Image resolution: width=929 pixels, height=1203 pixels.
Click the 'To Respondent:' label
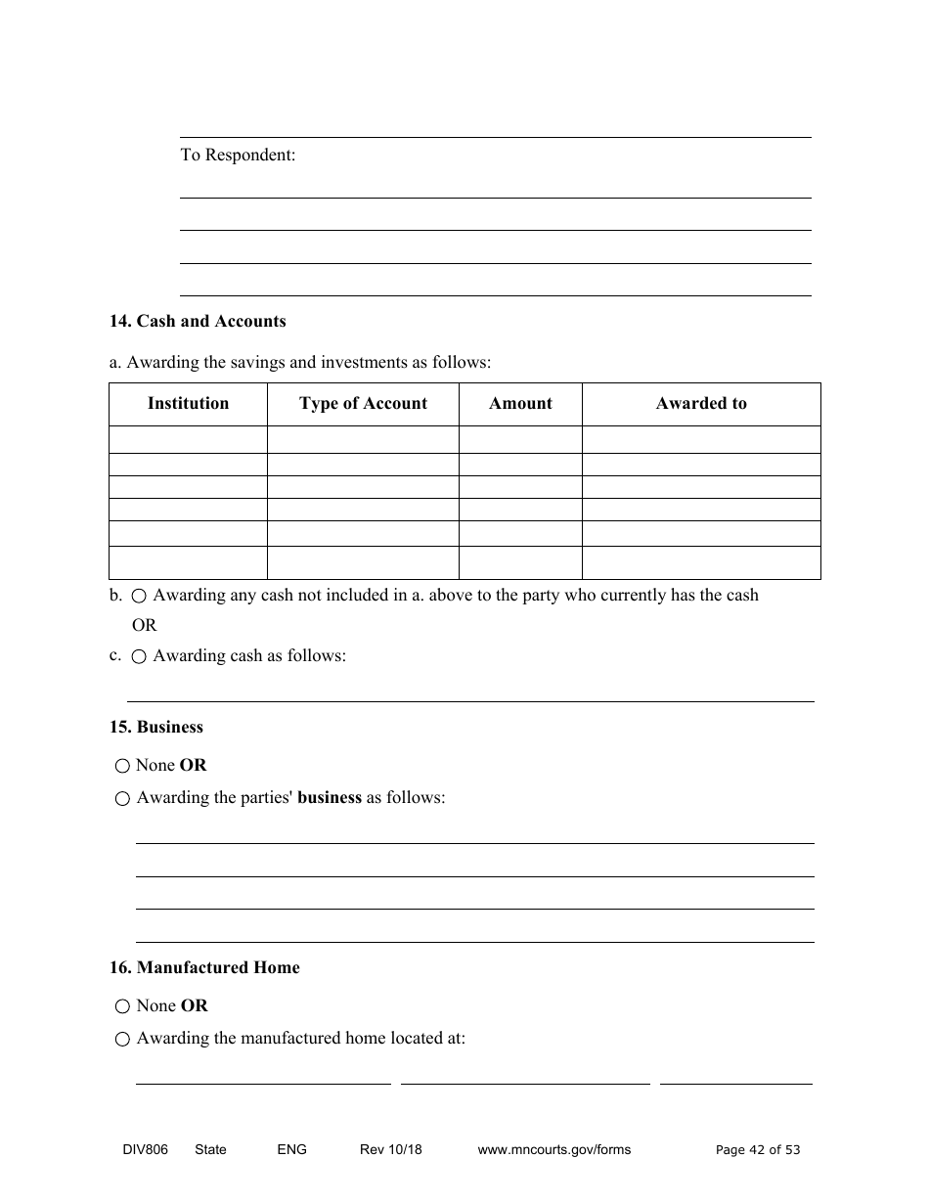point(238,155)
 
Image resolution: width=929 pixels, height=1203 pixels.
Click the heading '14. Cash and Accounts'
point(198,321)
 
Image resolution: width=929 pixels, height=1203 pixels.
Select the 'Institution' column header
point(188,403)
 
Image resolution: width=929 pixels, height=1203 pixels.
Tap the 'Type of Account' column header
point(363,403)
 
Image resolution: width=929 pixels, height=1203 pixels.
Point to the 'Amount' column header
point(520,403)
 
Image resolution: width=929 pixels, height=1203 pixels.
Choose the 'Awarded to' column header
point(701,403)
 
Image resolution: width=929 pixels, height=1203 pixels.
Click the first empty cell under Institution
point(188,438)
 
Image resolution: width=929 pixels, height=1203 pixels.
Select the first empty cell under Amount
point(520,438)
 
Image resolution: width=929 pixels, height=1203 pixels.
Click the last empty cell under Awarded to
point(701,562)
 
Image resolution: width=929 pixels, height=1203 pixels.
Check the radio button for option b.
point(139,596)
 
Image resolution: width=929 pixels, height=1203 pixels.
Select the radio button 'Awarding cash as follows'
point(139,656)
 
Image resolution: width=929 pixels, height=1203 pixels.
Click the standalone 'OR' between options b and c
point(144,625)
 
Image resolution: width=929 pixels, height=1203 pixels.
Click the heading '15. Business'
point(156,727)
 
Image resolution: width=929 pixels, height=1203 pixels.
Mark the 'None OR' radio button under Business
point(122,766)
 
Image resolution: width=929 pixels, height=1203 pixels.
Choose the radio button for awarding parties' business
point(122,798)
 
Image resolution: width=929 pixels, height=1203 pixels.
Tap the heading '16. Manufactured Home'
point(204,967)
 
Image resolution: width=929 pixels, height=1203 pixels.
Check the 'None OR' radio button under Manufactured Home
point(122,1006)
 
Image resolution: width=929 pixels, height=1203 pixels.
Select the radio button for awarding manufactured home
point(122,1039)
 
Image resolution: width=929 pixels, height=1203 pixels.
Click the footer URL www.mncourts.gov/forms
point(553,1149)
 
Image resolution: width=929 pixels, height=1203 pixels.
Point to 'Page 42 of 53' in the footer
point(758,1149)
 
